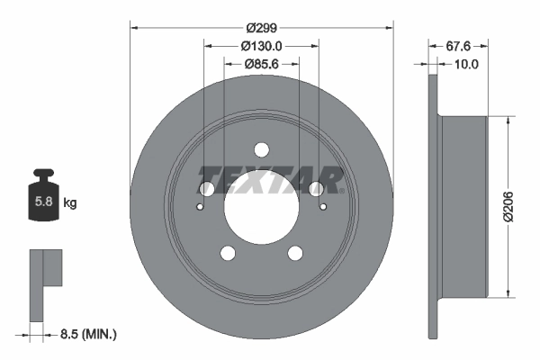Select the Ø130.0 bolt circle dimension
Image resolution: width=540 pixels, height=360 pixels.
[x=261, y=47]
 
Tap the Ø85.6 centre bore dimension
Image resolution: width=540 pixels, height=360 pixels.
[x=261, y=65]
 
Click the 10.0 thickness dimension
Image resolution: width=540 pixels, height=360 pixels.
[x=465, y=65]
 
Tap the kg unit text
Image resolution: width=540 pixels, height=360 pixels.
[x=70, y=203]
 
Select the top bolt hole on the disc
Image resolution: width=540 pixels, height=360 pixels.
[x=261, y=149]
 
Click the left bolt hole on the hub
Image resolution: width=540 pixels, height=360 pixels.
[x=206, y=189]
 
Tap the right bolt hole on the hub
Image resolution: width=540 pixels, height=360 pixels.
[x=316, y=189]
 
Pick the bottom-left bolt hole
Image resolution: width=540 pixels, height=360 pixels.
[x=228, y=253]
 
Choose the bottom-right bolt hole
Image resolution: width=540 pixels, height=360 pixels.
[x=294, y=253]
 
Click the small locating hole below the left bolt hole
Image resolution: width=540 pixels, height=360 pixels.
[x=200, y=206]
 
